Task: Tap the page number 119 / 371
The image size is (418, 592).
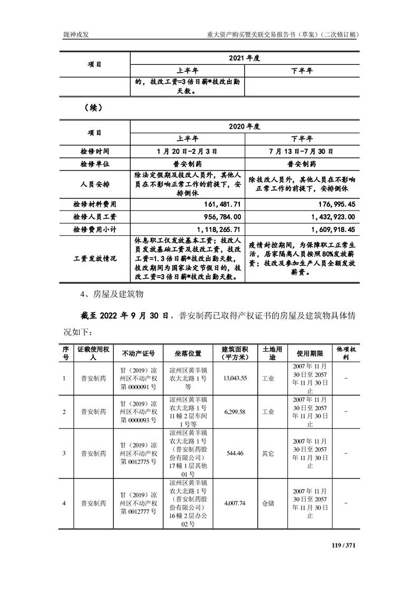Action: click(x=344, y=545)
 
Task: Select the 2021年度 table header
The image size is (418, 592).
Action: click(x=245, y=58)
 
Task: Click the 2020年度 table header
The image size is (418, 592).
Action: click(x=245, y=127)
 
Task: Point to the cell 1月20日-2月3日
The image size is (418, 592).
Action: click(x=187, y=151)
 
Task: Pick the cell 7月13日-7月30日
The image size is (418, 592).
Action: click(x=302, y=151)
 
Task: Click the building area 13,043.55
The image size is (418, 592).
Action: click(x=235, y=378)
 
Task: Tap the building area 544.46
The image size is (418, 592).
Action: click(x=235, y=453)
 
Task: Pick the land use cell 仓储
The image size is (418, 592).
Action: click(x=268, y=503)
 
